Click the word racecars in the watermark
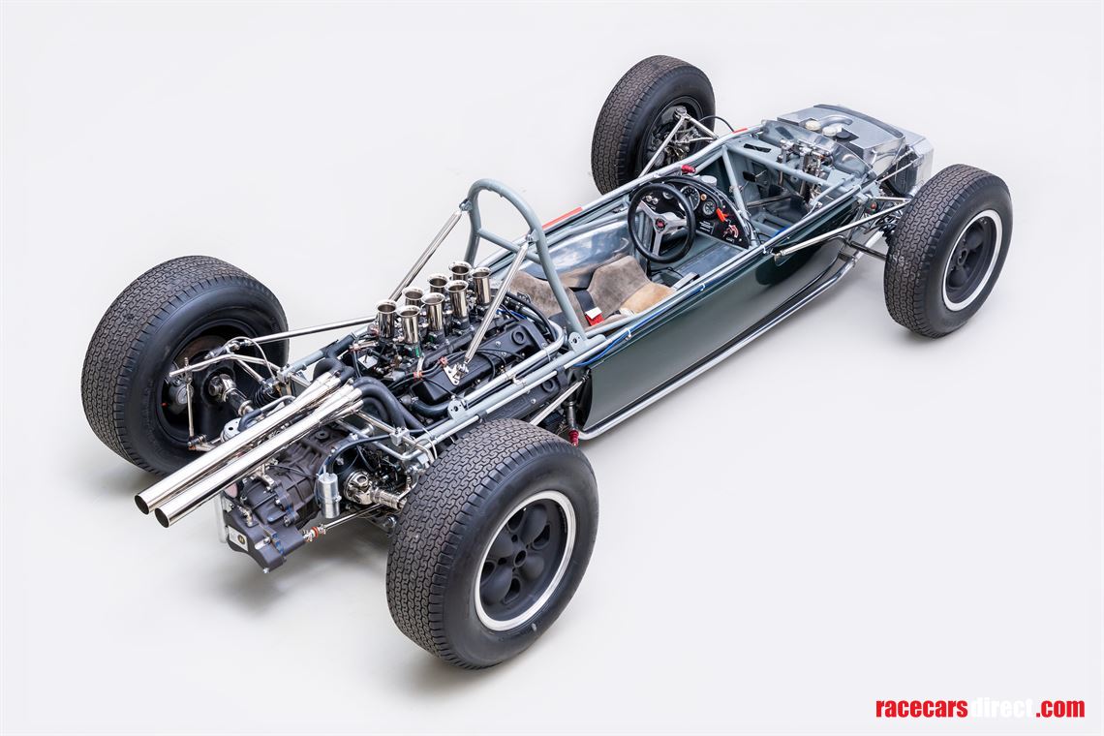pos(921,708)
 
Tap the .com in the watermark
pos(1059,708)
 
